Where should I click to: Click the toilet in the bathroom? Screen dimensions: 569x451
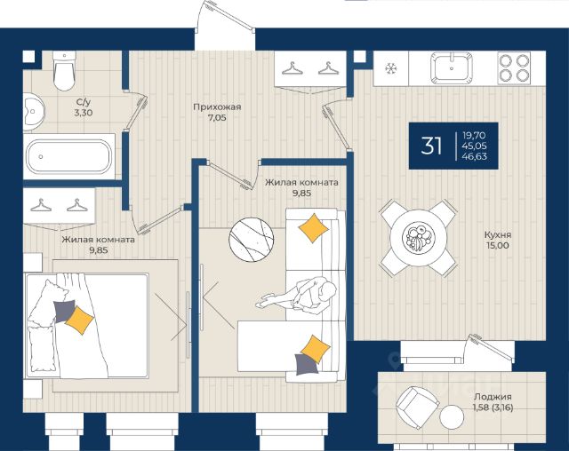[x=64, y=70]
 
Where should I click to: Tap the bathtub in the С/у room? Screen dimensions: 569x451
[x=69, y=156]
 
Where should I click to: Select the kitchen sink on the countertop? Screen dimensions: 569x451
[x=452, y=67]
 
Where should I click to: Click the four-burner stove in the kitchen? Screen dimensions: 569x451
[x=514, y=67]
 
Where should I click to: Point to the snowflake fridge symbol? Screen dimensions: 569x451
[x=391, y=68]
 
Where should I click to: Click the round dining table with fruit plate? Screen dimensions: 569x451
[x=419, y=238]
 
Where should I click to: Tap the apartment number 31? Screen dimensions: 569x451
[x=431, y=146]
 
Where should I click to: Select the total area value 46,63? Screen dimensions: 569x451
[x=475, y=156]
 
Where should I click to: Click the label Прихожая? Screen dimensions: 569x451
[x=217, y=107]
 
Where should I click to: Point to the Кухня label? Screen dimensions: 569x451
[x=498, y=234]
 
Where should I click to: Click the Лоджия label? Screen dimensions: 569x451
[x=493, y=397]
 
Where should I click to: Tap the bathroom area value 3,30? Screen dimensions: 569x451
[x=83, y=113]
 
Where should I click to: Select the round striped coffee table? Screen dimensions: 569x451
[x=251, y=239]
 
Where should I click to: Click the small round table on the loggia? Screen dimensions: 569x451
[x=452, y=416]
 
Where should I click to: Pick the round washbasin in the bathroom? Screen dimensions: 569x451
[x=34, y=112]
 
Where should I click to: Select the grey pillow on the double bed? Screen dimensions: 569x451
[x=64, y=311]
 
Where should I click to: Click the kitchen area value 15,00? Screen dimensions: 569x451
[x=498, y=245]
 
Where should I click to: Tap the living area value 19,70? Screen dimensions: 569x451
[x=474, y=136]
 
